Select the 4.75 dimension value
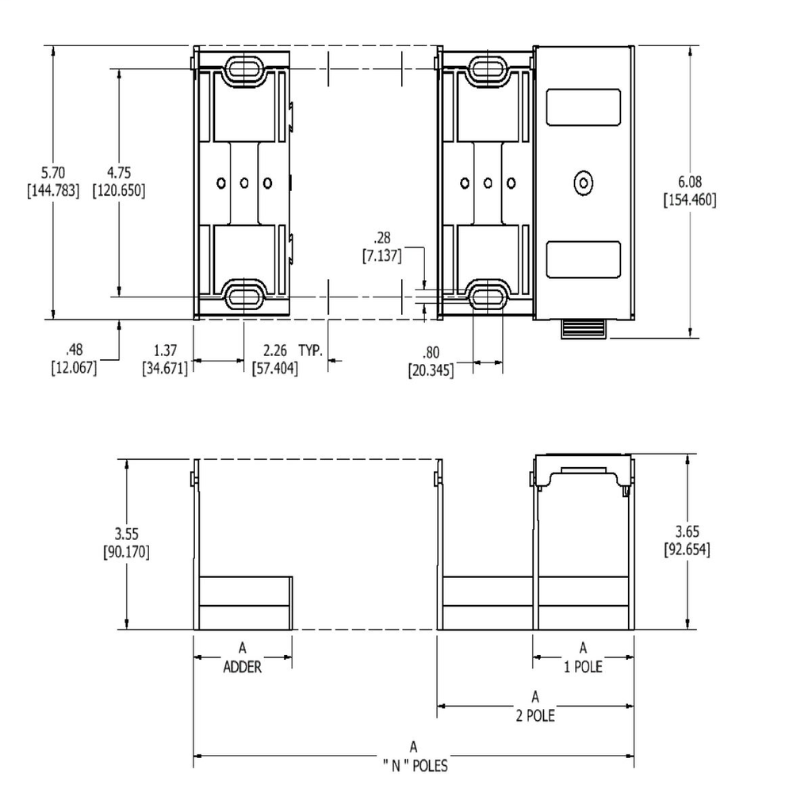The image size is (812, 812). coord(119,173)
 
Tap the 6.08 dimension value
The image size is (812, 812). coord(689,182)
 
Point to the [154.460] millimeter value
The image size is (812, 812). coord(689,200)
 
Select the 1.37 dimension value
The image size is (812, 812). coord(165,350)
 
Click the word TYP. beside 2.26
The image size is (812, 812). coord(312,350)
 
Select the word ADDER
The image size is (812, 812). coord(242,667)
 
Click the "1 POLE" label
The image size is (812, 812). coord(583,666)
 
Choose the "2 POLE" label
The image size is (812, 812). coord(535,715)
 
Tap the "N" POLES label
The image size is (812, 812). coord(413,765)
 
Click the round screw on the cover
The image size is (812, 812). coord(584,183)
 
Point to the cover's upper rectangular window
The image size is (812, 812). coord(584,107)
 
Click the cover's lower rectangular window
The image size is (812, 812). coord(584,259)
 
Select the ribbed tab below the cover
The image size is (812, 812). coord(584,329)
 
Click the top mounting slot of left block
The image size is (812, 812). coord(244,68)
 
